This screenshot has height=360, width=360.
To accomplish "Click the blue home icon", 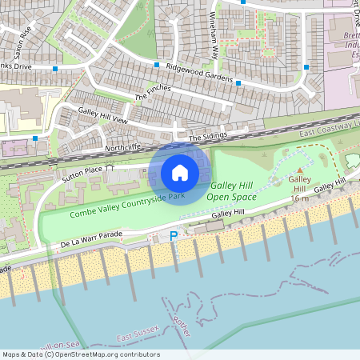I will click(x=180, y=172).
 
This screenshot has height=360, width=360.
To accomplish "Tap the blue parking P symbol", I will click(x=174, y=237).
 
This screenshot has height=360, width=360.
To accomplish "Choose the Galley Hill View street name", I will click(x=102, y=115).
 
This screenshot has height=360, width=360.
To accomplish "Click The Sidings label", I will click(x=208, y=138).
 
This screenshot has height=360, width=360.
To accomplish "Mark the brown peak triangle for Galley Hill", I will click(x=301, y=170).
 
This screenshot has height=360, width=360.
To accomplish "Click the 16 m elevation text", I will click(x=301, y=198).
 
